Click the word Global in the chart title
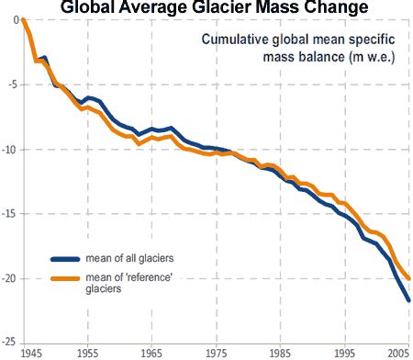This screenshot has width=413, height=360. (x=95, y=8)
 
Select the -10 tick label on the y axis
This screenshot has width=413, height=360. (x=11, y=149)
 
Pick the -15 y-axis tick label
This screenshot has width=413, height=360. (x=11, y=213)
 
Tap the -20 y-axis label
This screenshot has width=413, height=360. (x=11, y=278)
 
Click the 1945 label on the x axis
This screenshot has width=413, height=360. (x=29, y=353)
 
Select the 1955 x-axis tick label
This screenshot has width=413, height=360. (x=88, y=353)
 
